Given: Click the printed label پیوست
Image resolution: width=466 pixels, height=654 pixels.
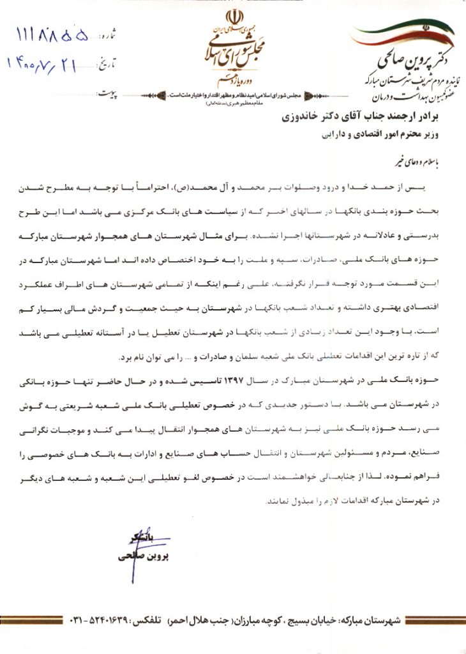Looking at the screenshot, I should point(109,93).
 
